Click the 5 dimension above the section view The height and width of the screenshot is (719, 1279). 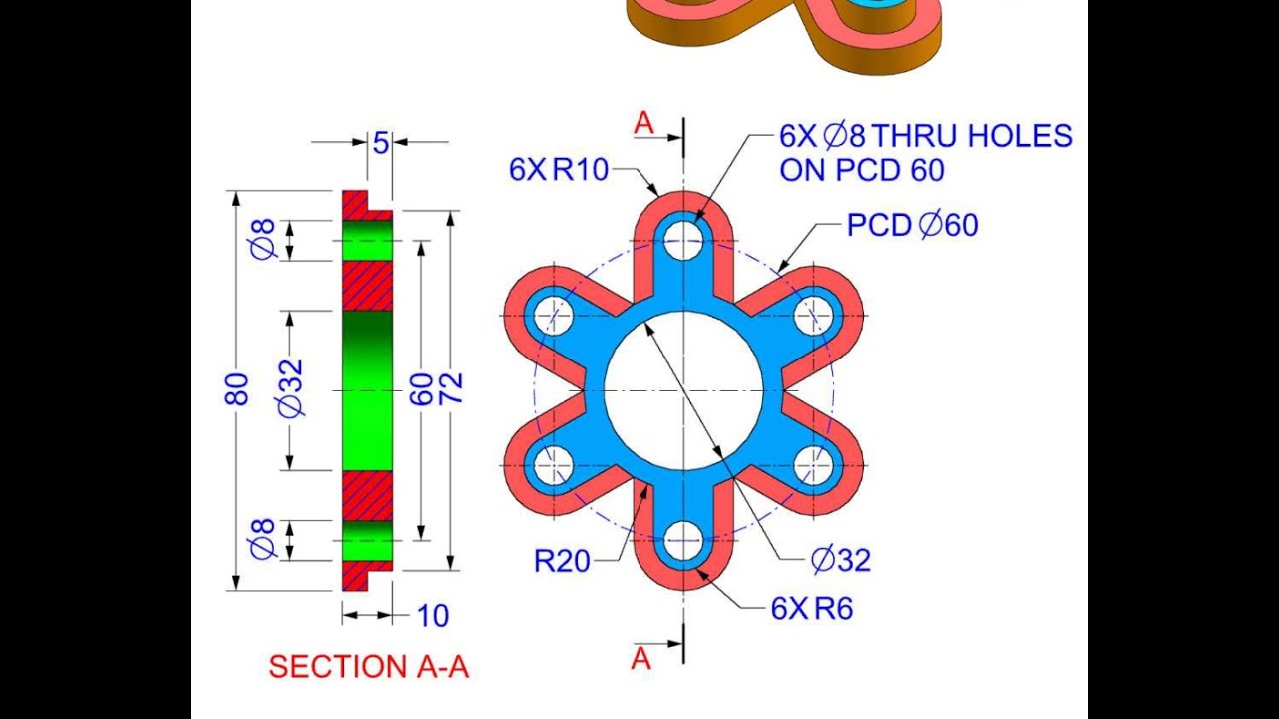pos(380,143)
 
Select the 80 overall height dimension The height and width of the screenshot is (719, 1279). pos(237,389)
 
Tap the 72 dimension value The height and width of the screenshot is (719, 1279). pos(451,389)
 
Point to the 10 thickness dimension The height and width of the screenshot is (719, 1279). pos(432,616)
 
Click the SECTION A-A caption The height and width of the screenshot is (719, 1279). pos(368,667)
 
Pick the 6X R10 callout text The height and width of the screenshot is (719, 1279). pos(558,170)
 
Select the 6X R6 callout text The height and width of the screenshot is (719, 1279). pos(811,609)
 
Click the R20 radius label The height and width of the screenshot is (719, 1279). pos(562,562)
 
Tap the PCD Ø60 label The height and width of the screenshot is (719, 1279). pos(912,225)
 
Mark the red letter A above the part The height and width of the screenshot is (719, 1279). pos(644,123)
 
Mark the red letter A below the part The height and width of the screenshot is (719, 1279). pos(641,658)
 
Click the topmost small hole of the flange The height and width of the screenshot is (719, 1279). pos(683,241)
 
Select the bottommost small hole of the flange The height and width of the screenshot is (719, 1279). pos(683,540)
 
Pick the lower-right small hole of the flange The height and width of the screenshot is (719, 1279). pos(814,465)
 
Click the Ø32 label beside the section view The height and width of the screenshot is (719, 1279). pos(290,389)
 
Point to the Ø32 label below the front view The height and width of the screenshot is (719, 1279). pos(840,561)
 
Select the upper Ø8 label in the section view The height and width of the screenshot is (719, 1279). pos(263,240)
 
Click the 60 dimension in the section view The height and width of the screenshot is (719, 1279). pos(422,389)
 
